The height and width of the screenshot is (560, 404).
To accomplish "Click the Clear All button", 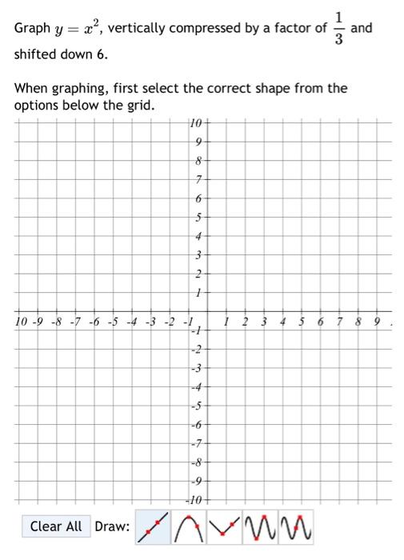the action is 56,526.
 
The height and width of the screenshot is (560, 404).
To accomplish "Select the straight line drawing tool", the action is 152,526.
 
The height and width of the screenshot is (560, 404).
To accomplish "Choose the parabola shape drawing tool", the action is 187,526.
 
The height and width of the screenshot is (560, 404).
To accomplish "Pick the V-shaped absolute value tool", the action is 222,526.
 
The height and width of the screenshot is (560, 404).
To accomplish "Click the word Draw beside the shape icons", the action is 112,526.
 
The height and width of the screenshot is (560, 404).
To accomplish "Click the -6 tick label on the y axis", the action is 197,426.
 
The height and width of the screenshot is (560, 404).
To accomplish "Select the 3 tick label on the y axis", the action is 199,255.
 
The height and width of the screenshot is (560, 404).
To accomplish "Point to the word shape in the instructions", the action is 241,88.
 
